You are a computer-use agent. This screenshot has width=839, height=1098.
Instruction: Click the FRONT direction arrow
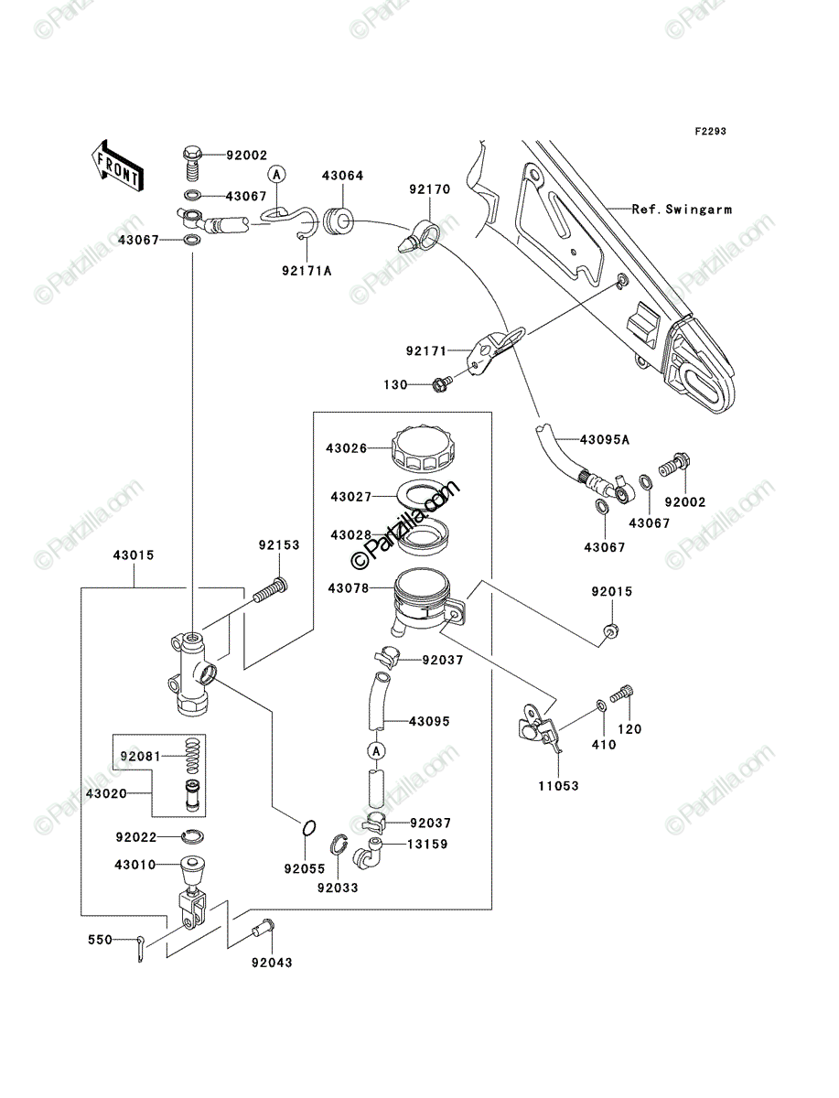(x=117, y=165)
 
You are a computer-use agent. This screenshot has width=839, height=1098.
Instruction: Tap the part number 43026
(x=346, y=448)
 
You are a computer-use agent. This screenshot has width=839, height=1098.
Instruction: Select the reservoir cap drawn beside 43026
(x=423, y=448)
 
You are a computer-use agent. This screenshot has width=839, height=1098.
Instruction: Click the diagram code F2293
(x=710, y=132)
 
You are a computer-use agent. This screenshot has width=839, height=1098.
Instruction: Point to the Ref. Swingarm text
(x=682, y=210)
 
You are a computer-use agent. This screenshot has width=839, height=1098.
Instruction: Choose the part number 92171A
(x=307, y=271)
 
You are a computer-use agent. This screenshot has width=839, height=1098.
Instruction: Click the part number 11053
(x=558, y=786)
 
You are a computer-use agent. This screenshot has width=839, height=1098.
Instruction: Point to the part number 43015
(x=133, y=554)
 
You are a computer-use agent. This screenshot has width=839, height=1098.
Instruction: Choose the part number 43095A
(x=605, y=440)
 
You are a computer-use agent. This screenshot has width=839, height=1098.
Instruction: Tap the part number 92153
(x=279, y=544)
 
